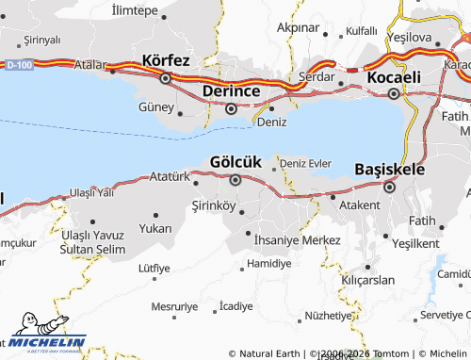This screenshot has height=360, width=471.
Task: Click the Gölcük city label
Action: tap(235, 162)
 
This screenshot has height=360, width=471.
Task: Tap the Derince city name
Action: tap(231, 90)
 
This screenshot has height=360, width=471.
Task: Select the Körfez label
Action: tap(166, 59)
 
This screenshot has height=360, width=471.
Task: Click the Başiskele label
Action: tap(389, 169)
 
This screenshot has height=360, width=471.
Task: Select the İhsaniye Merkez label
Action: tap(297, 240)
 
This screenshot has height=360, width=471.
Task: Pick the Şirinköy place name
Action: tap(213, 205)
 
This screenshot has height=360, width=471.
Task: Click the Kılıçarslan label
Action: tap(368, 281)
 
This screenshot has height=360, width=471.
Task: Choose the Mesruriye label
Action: tap(174, 306)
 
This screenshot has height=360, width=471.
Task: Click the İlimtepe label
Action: tap(134, 9)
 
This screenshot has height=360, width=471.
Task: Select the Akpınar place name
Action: tap(298, 28)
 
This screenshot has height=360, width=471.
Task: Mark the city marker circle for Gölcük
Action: tap(235, 179)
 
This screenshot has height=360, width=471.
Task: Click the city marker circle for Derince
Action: tap(232, 108)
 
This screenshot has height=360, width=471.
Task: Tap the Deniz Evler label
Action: tap(306, 163)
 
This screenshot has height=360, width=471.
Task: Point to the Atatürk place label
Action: tap(171, 176)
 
